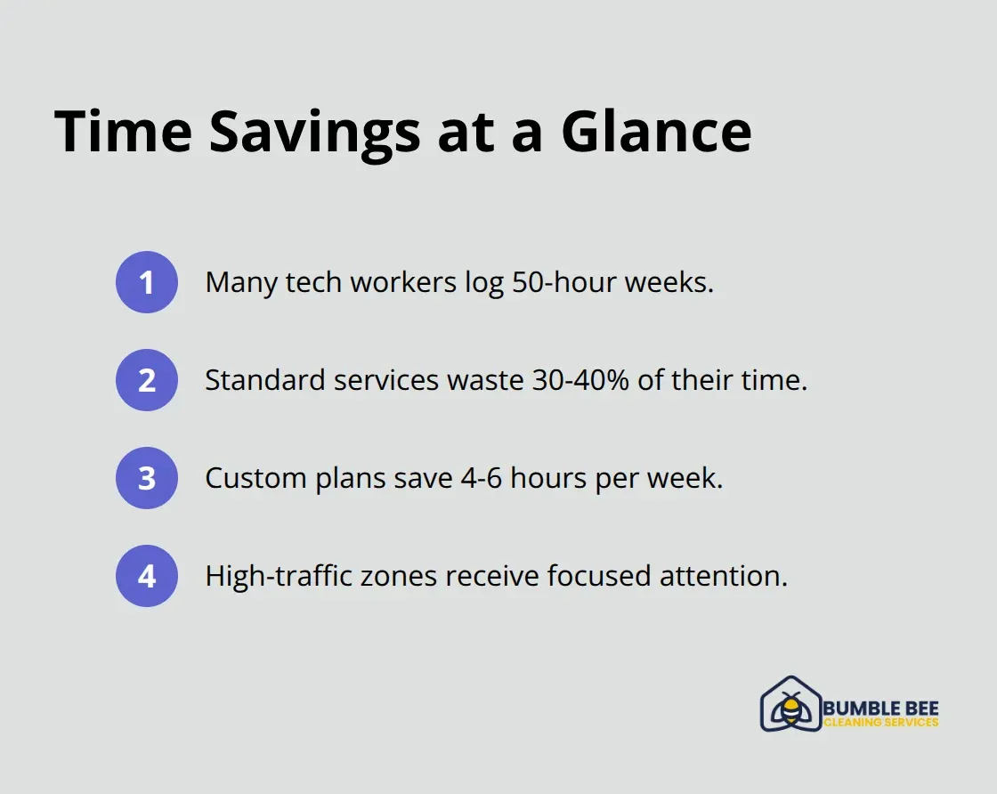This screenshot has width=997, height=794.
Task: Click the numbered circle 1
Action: tap(147, 282)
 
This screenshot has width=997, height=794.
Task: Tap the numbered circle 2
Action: tap(147, 380)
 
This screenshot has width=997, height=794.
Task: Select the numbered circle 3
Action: tap(147, 478)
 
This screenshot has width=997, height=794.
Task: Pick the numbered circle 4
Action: tap(147, 576)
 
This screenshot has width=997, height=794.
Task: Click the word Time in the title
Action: tap(123, 132)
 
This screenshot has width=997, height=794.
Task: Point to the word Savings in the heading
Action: tap(314, 132)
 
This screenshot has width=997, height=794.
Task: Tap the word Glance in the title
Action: tap(656, 132)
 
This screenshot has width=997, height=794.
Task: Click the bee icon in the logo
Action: tap(789, 709)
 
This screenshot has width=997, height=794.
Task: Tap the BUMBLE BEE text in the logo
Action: tap(880, 709)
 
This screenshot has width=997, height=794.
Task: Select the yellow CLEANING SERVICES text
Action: tap(880, 723)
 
